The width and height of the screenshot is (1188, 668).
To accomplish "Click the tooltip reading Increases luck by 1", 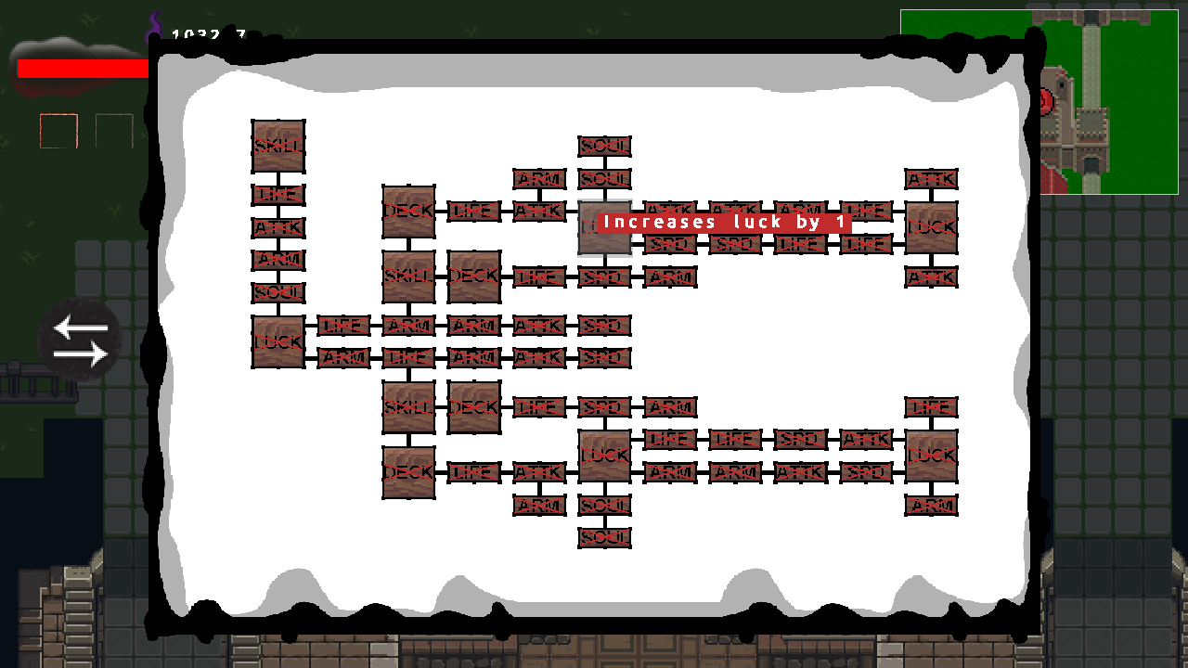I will (724, 223).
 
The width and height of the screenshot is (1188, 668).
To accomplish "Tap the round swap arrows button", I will (80, 340).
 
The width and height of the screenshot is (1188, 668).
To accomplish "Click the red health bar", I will (83, 69).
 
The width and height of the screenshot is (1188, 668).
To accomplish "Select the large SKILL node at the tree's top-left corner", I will (278, 146).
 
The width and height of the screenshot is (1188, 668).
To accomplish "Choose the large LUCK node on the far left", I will (278, 341).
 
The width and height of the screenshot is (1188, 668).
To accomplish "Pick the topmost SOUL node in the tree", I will (604, 146).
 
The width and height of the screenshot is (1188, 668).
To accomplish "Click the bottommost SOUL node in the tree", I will (604, 537).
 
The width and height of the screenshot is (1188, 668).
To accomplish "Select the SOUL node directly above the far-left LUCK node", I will (278, 292).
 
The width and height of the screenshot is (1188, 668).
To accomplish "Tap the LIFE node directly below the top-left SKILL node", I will (278, 195).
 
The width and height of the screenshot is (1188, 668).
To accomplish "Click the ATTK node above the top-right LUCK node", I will (931, 178).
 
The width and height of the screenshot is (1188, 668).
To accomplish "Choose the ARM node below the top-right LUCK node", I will (931, 276).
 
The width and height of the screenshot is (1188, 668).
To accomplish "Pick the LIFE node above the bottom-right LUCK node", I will (931, 406).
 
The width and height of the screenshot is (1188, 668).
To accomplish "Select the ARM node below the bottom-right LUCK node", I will (931, 505).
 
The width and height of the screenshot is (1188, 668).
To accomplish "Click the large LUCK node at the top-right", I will (931, 227).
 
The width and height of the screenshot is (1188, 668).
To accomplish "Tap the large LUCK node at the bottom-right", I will (931, 456).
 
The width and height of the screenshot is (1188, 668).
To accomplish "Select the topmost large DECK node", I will (408, 211).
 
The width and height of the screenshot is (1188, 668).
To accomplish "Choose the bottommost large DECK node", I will (408, 472).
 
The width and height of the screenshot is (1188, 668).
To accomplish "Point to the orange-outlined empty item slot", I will (58, 131).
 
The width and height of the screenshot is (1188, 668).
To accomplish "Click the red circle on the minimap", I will (1046, 99).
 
